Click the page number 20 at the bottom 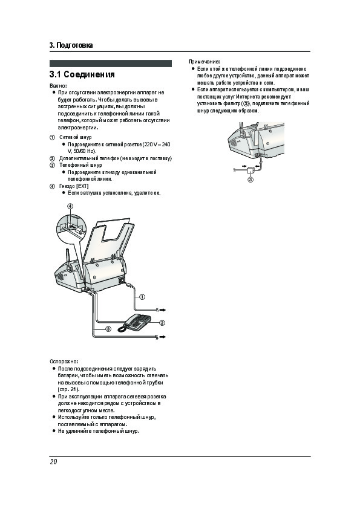[53, 462]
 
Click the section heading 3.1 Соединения [82, 74]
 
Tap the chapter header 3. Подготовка [71, 45]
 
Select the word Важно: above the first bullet [58, 86]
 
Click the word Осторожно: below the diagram [64, 361]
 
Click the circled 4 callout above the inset [70, 206]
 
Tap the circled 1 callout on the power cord [142, 296]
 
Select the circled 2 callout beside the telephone [162, 323]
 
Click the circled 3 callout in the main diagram [108, 329]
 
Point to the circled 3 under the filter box [250, 180]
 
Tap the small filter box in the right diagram [251, 170]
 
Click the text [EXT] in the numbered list [82, 186]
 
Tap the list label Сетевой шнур [76, 137]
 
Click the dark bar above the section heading [111, 63]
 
